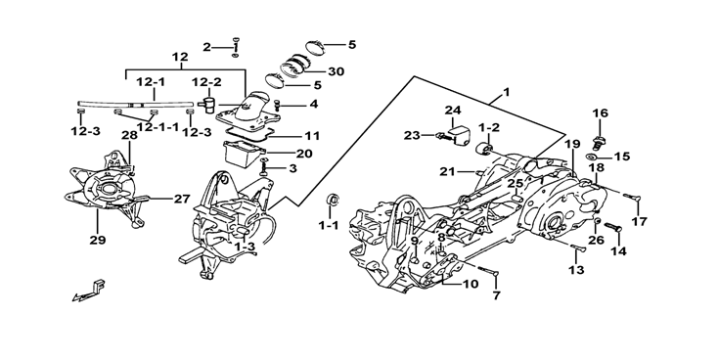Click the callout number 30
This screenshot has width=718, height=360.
coord(336,71)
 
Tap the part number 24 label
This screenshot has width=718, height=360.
coord(452,111)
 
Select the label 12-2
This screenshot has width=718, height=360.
coord(206,82)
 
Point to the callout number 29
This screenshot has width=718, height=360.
coord(98,239)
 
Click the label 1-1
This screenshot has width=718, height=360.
coord(330,225)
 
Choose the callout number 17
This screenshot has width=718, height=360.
coord(639,222)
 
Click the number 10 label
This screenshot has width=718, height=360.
coord(470,284)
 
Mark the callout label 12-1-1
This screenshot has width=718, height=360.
coord(157,127)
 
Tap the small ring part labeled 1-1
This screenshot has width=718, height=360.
coord(333,200)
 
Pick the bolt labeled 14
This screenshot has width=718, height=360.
coord(613,227)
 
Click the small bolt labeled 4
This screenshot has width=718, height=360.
coord(277,106)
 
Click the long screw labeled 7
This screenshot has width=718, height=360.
coord(488,271)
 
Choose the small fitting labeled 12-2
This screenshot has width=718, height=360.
coord(208,104)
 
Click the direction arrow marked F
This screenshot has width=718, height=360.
coord(89,292)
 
